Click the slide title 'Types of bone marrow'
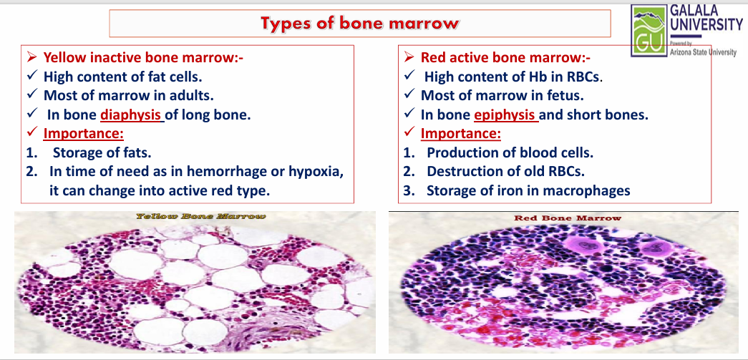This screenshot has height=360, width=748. [x=360, y=24]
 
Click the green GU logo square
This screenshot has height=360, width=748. [x=649, y=29]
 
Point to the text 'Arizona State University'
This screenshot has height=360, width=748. [x=703, y=52]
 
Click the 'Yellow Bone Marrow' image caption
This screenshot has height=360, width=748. [x=200, y=216]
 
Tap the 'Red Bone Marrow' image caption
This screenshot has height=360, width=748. [x=568, y=218]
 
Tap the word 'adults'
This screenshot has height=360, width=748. [x=194, y=95]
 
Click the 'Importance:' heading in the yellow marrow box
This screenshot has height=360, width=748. [x=84, y=134]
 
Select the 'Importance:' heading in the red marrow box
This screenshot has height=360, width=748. [x=461, y=134]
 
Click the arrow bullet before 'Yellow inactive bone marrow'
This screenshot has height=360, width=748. [x=32, y=58]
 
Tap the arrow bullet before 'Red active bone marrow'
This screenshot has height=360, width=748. [x=409, y=58]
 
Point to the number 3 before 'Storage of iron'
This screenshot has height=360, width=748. [x=407, y=190]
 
